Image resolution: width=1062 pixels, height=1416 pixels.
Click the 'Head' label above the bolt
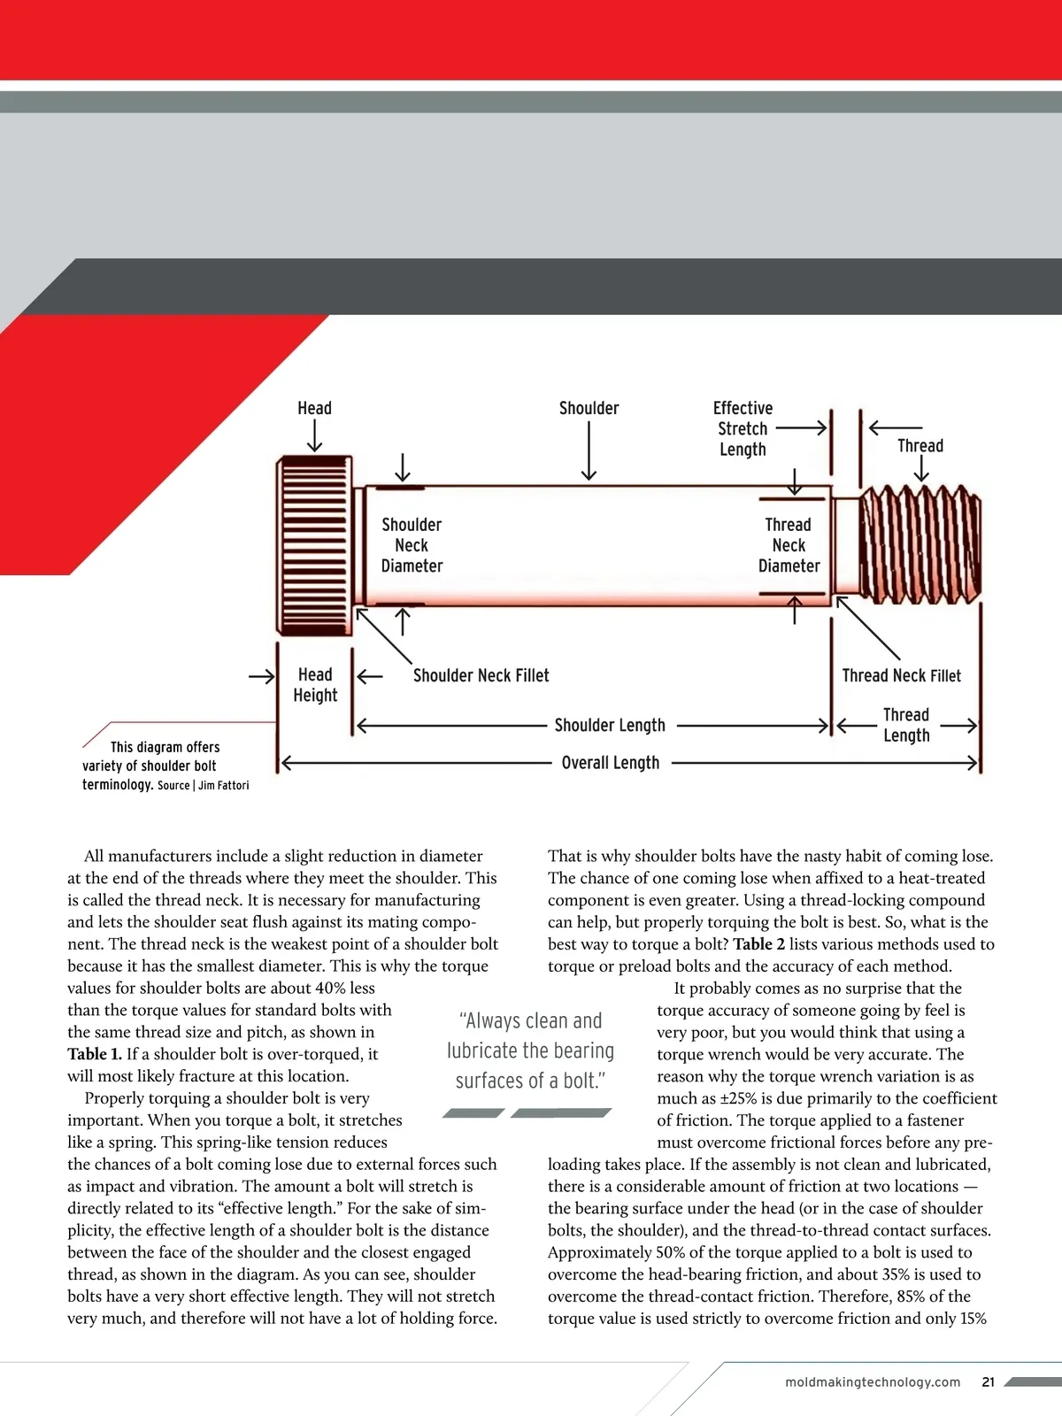(314, 408)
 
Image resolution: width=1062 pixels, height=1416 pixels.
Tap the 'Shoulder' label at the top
(589, 408)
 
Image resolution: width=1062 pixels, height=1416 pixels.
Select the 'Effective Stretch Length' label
(743, 428)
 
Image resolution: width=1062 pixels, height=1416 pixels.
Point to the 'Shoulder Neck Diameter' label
(412, 545)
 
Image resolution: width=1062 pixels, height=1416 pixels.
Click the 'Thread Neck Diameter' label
(789, 545)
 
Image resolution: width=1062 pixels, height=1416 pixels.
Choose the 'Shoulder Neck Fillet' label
(481, 676)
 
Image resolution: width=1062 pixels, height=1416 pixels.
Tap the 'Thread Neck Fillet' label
(901, 676)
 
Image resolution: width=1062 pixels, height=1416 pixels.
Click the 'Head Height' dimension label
(315, 685)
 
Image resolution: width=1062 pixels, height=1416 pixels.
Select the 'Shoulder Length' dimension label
(610, 726)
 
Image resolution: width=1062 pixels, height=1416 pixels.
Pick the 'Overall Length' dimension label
(611, 763)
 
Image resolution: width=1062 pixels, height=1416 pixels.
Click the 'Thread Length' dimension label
(906, 725)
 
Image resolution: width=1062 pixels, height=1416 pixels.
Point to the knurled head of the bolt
(315, 545)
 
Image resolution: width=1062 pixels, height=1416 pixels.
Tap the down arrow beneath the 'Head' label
(314, 436)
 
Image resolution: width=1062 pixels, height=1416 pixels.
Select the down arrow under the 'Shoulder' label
(589, 451)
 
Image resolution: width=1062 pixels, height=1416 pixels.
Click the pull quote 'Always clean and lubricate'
(530, 1050)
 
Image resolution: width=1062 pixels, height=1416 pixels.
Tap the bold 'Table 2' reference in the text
(758, 944)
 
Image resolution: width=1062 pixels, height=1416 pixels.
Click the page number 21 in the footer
(989, 1382)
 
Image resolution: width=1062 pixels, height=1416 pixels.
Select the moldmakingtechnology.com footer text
(873, 1382)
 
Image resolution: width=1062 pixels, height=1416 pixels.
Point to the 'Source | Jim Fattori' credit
(204, 786)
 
